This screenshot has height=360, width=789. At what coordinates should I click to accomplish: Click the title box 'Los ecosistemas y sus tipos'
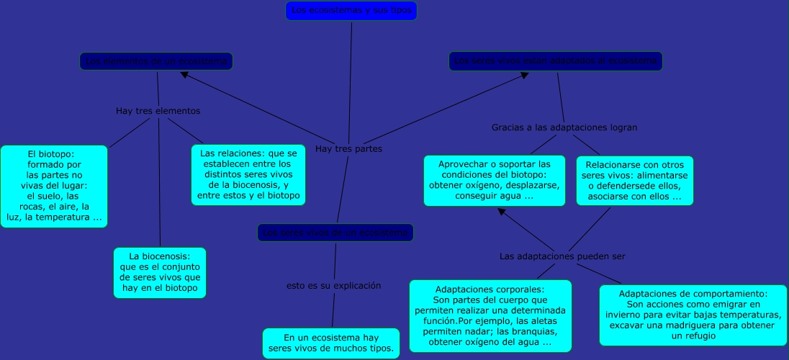pos(351,11)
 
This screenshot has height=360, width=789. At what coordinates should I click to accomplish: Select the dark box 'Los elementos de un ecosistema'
pos(156,62)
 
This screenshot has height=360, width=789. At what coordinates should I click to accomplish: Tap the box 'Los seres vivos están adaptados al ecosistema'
pos(555,61)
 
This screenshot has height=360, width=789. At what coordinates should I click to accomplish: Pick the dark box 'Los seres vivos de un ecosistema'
pos(335,233)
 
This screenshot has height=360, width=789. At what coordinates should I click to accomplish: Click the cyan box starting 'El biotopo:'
pos(54,186)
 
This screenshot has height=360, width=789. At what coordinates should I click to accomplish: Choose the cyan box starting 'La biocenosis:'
pos(160,273)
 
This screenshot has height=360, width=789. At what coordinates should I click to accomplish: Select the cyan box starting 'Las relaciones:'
pos(248,175)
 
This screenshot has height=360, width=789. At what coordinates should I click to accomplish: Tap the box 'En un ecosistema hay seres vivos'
pos(331,343)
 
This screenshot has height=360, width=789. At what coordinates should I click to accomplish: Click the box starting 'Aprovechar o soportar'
pos(494,180)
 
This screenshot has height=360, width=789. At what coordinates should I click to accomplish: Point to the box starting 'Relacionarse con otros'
pos(634,180)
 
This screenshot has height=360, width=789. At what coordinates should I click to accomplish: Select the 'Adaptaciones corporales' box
pos(490,316)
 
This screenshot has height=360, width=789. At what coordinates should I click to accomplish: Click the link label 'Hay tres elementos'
pos(158,112)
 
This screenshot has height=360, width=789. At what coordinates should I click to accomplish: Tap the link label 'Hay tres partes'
pos(348,149)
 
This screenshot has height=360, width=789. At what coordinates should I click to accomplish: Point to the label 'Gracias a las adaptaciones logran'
pos(564,127)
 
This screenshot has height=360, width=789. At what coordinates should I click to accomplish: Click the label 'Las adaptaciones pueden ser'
pos(562,256)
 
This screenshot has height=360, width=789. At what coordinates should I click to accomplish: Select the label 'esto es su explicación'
pos(333,286)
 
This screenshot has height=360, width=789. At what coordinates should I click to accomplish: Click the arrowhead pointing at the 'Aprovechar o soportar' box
pos(502,212)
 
